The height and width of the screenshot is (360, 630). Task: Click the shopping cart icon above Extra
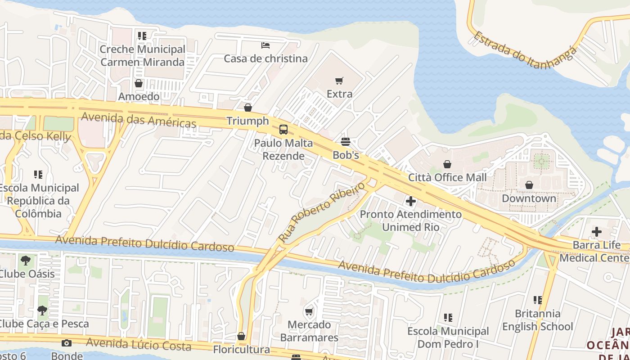click(339, 81)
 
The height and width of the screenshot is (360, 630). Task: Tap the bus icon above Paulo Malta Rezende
click(283, 130)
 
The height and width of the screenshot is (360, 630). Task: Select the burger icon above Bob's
click(346, 142)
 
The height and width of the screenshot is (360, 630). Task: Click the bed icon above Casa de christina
click(265, 45)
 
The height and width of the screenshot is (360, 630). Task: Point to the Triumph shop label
click(247, 121)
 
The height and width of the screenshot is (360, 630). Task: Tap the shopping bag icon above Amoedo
click(139, 83)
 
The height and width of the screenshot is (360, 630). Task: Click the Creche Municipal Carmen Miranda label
click(142, 55)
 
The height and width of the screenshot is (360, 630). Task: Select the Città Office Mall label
click(447, 177)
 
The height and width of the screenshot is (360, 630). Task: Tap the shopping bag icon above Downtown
click(529, 185)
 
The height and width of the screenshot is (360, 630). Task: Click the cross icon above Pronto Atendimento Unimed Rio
click(410, 201)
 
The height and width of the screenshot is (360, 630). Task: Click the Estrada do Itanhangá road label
click(524, 49)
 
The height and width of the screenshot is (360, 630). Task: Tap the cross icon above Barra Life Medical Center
click(596, 232)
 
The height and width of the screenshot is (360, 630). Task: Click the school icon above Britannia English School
click(537, 300)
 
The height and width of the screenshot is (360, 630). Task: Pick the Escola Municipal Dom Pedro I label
click(448, 337)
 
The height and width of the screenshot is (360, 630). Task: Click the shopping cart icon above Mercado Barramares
click(309, 311)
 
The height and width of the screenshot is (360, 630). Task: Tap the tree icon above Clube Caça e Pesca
click(42, 310)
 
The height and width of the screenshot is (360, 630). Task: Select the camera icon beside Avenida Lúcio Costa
click(67, 343)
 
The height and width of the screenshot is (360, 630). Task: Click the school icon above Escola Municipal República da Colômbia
click(38, 174)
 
